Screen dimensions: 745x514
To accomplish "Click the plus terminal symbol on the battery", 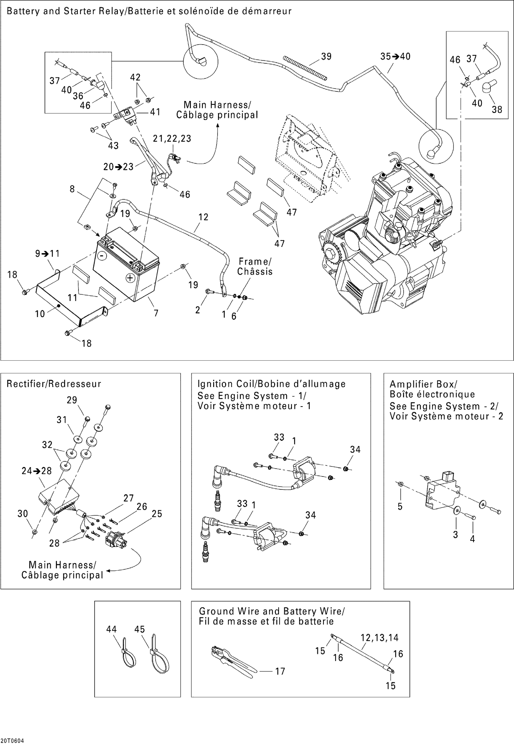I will (x=130, y=278).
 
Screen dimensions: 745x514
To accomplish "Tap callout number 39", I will (x=326, y=57).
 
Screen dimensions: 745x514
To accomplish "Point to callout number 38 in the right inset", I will (x=497, y=109).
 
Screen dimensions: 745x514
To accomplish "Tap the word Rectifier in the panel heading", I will (x=27, y=384).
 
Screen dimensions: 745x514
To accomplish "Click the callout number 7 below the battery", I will (x=156, y=313).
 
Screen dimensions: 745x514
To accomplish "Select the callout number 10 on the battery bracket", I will (x=40, y=314).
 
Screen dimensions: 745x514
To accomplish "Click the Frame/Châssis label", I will (x=255, y=266).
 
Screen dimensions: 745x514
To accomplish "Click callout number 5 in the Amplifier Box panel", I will (x=400, y=507).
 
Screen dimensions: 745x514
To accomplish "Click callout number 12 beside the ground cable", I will (x=203, y=217).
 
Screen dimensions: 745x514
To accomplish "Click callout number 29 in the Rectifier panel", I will (x=72, y=400).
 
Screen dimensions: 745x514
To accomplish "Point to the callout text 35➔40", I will (x=395, y=57).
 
